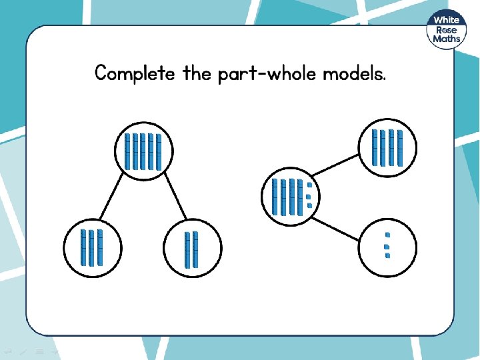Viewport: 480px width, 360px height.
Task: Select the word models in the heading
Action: point(353,73)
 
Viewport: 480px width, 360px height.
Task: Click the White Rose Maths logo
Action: point(447,30)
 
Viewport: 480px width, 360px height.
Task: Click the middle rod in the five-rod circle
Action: point(143,151)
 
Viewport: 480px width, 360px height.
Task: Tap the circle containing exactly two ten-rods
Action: point(192,249)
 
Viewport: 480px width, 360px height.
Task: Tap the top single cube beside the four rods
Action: point(309,185)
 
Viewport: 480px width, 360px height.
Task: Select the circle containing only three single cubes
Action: point(387,245)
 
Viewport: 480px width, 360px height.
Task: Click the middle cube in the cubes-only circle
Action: point(387,246)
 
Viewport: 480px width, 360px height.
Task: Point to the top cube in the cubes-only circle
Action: point(387,235)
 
